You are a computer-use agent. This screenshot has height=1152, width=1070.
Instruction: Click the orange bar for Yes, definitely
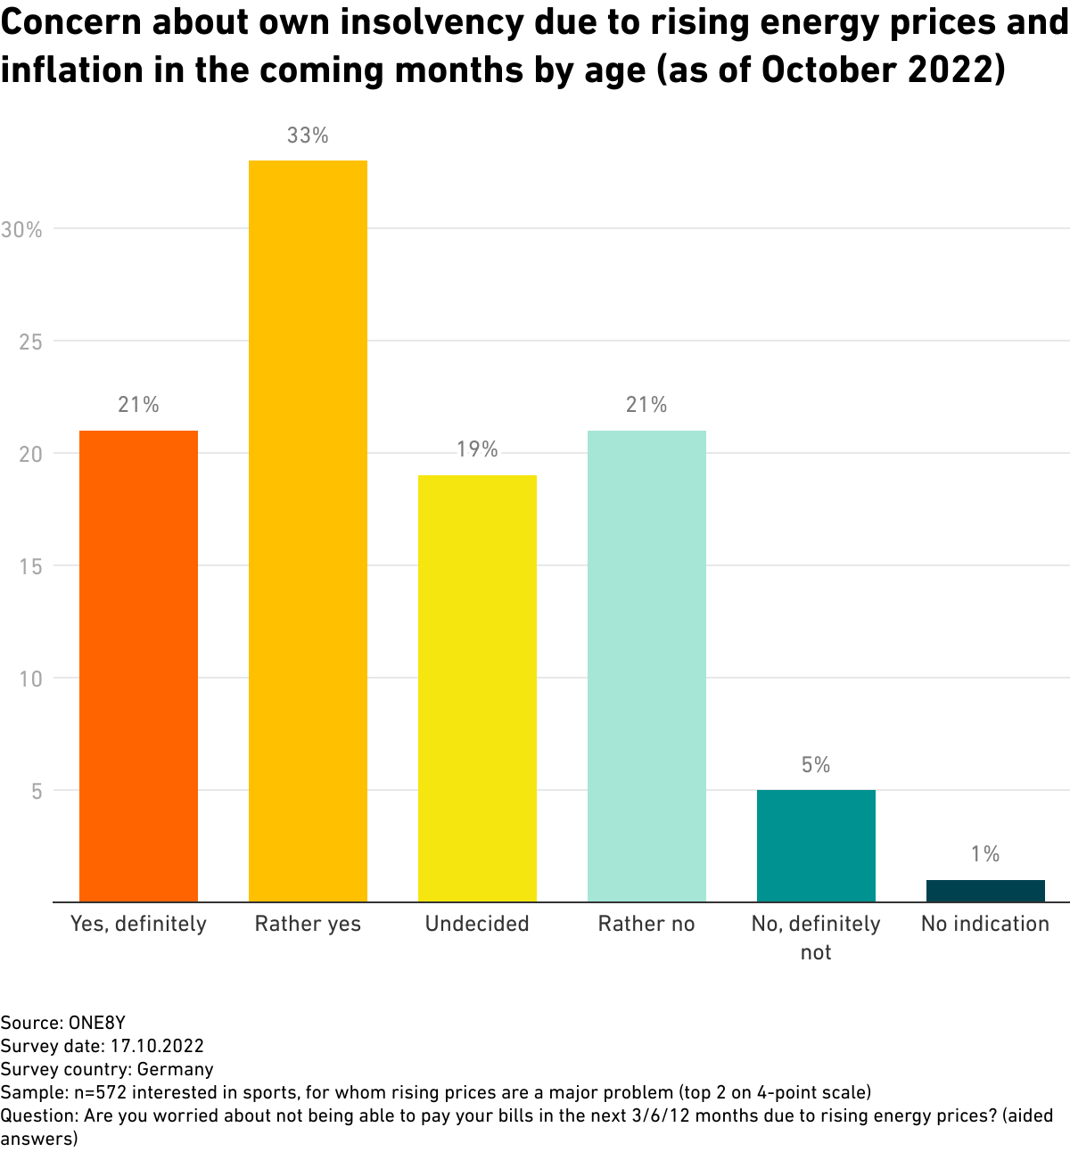138,666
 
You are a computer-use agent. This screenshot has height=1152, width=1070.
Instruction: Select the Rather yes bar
308,531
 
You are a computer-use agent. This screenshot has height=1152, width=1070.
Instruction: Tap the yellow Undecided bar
477,688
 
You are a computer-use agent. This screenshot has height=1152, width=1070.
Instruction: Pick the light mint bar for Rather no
646,666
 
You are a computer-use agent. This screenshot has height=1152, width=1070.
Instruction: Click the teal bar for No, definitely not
816,846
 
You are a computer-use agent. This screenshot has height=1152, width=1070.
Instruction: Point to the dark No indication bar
985,891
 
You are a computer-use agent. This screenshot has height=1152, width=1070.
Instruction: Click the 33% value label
308,136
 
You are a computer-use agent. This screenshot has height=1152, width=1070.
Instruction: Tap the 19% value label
477,449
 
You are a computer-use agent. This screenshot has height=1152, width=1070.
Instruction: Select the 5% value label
816,765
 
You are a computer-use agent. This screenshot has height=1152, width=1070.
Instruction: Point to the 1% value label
985,854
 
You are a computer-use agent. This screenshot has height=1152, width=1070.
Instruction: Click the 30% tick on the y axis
21,230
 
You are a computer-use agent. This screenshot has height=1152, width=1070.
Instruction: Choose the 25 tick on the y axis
30,342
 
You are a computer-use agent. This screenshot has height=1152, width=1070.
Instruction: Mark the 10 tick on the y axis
30,679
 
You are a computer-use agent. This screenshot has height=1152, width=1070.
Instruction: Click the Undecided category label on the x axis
477,924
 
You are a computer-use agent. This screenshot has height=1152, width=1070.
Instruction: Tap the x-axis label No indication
985,924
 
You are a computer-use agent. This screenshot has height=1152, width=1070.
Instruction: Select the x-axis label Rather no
646,924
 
